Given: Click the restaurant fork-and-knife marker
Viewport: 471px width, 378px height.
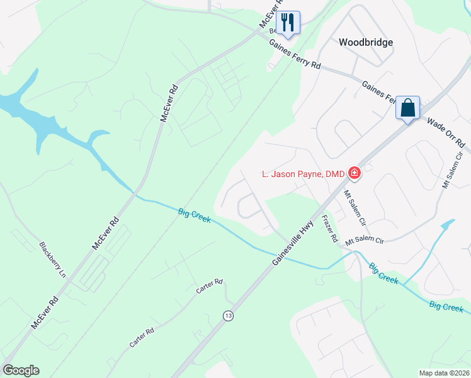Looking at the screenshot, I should coord(288,22).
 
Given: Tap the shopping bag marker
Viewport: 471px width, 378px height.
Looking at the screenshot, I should coord(407,108).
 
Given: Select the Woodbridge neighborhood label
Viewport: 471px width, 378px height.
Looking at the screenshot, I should coord(366,42).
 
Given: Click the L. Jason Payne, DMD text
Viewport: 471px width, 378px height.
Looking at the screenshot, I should coord(304,173).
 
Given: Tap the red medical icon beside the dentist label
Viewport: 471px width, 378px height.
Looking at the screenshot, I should coord(355,173).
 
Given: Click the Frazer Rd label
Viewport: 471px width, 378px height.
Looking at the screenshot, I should coord(331,229).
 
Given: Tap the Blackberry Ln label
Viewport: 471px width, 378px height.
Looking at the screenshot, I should coord(52,260).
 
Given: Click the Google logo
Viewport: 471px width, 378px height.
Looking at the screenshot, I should coord(21,370).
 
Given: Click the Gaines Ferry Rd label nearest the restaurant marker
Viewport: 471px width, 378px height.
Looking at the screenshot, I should coord(295,55).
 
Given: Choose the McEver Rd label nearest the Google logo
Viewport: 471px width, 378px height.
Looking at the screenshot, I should coord(45,312).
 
